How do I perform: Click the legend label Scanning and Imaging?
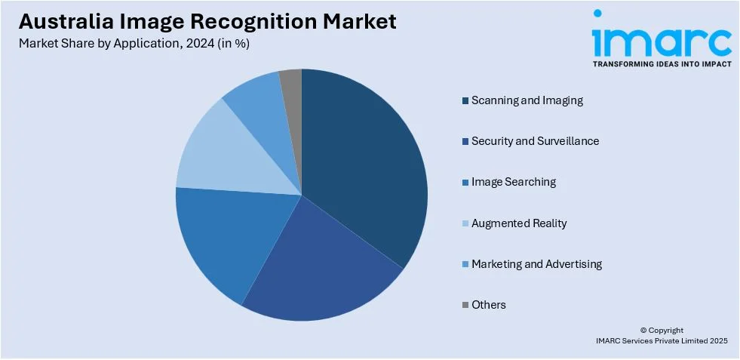coord(527,100)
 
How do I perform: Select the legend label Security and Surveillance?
coord(535,141)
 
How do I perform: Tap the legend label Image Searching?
coord(514,182)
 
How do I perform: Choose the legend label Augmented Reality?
coord(519,223)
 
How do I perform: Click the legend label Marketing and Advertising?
coord(536,263)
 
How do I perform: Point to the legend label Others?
coord(489,305)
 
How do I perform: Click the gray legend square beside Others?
coord(465,305)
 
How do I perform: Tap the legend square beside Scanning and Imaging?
coord(465,100)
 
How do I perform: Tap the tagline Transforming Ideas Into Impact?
coord(662,64)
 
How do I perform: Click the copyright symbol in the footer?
coord(643,331)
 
